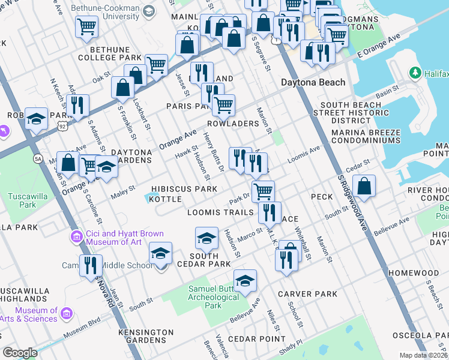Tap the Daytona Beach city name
click(x=313, y=82)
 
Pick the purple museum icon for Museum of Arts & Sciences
click(x=66, y=314)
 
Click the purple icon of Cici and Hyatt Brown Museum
click(x=76, y=236)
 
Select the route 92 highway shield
click(x=62, y=126)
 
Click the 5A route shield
click(x=39, y=158)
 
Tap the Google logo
click(x=20, y=352)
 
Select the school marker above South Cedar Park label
click(x=206, y=239)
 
